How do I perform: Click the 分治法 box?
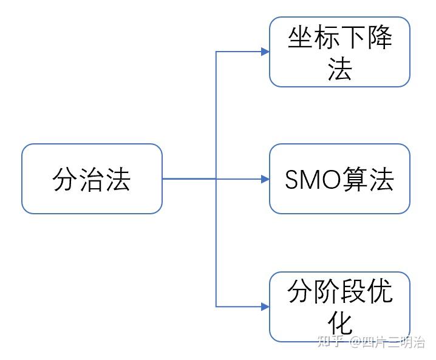(92, 179)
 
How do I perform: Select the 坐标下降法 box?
(339, 52)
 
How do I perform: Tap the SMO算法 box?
(339, 179)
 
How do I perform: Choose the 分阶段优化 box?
(339, 307)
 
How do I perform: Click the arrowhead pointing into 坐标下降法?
(265, 52)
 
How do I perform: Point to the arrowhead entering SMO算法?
(265, 179)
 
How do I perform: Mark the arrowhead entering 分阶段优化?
(265, 307)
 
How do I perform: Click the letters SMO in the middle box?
(308, 180)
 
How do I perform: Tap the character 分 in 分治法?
(66, 180)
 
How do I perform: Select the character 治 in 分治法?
(92, 180)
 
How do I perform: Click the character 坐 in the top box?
(300, 39)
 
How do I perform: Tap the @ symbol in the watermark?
(355, 343)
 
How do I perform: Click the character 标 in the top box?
(327, 39)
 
